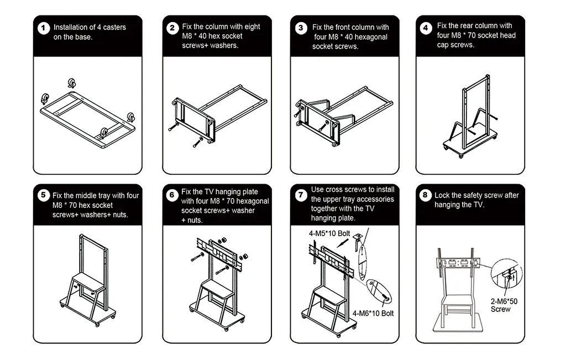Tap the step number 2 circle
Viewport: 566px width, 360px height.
[172, 28]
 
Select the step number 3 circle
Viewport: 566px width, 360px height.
[301, 28]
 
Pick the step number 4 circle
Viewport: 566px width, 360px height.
[426, 28]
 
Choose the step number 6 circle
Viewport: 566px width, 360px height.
[172, 195]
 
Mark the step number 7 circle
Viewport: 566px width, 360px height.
[301, 195]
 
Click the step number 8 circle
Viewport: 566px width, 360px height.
[425, 195]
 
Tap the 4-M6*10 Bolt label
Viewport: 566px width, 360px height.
[373, 313]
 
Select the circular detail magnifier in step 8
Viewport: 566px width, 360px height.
[506, 273]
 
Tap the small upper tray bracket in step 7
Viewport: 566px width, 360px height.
[358, 237]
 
